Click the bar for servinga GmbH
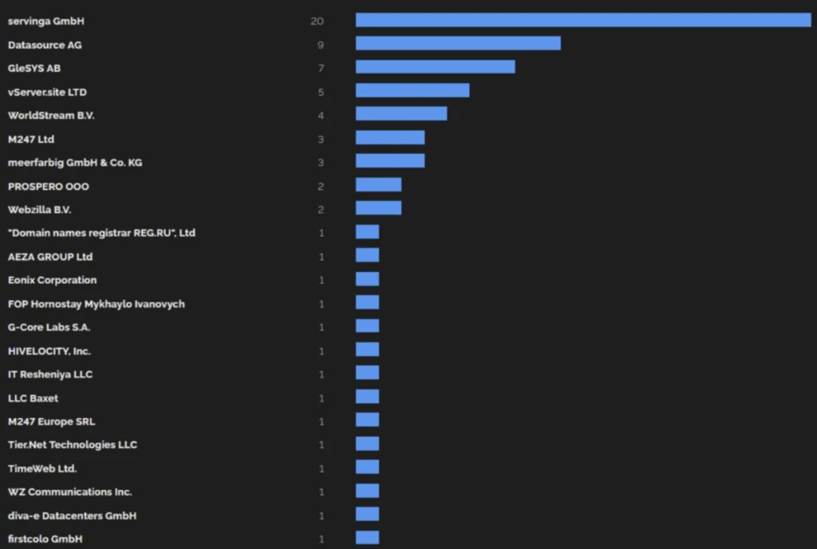582,20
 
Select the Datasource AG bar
458,43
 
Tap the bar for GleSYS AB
435,67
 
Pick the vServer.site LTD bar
412,90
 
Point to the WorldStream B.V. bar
401,114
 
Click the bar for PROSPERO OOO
378,185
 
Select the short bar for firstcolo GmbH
367,538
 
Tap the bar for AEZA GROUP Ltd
367,255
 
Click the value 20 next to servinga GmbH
317,21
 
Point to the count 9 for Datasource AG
321,45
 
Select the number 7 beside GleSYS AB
321,69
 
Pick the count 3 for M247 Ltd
321,140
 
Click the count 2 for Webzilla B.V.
321,210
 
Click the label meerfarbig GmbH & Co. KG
75,163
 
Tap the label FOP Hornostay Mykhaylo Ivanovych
97,304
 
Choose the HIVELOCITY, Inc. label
49,351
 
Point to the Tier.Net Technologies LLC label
73,444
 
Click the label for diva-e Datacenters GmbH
72,515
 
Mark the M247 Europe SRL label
52,421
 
